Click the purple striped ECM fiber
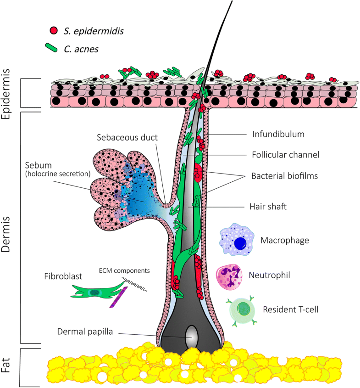pyautogui.click(x=116, y=296)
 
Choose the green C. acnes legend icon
pyautogui.click(x=55, y=47)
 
